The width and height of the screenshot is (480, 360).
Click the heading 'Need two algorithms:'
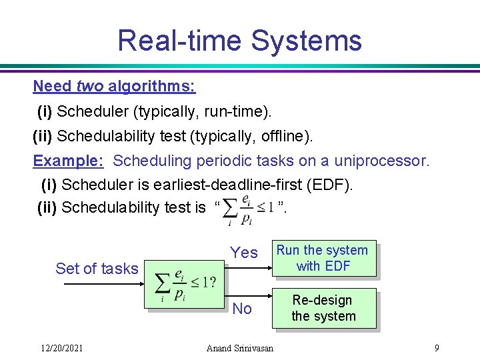(x=114, y=86)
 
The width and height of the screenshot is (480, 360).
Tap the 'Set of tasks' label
(x=97, y=269)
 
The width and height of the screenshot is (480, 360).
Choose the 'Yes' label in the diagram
(x=244, y=253)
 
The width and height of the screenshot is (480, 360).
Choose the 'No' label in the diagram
(x=242, y=309)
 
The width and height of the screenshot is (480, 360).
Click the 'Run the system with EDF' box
(x=323, y=258)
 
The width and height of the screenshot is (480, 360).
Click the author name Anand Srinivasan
(x=240, y=347)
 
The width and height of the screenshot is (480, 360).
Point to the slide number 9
(x=436, y=347)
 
